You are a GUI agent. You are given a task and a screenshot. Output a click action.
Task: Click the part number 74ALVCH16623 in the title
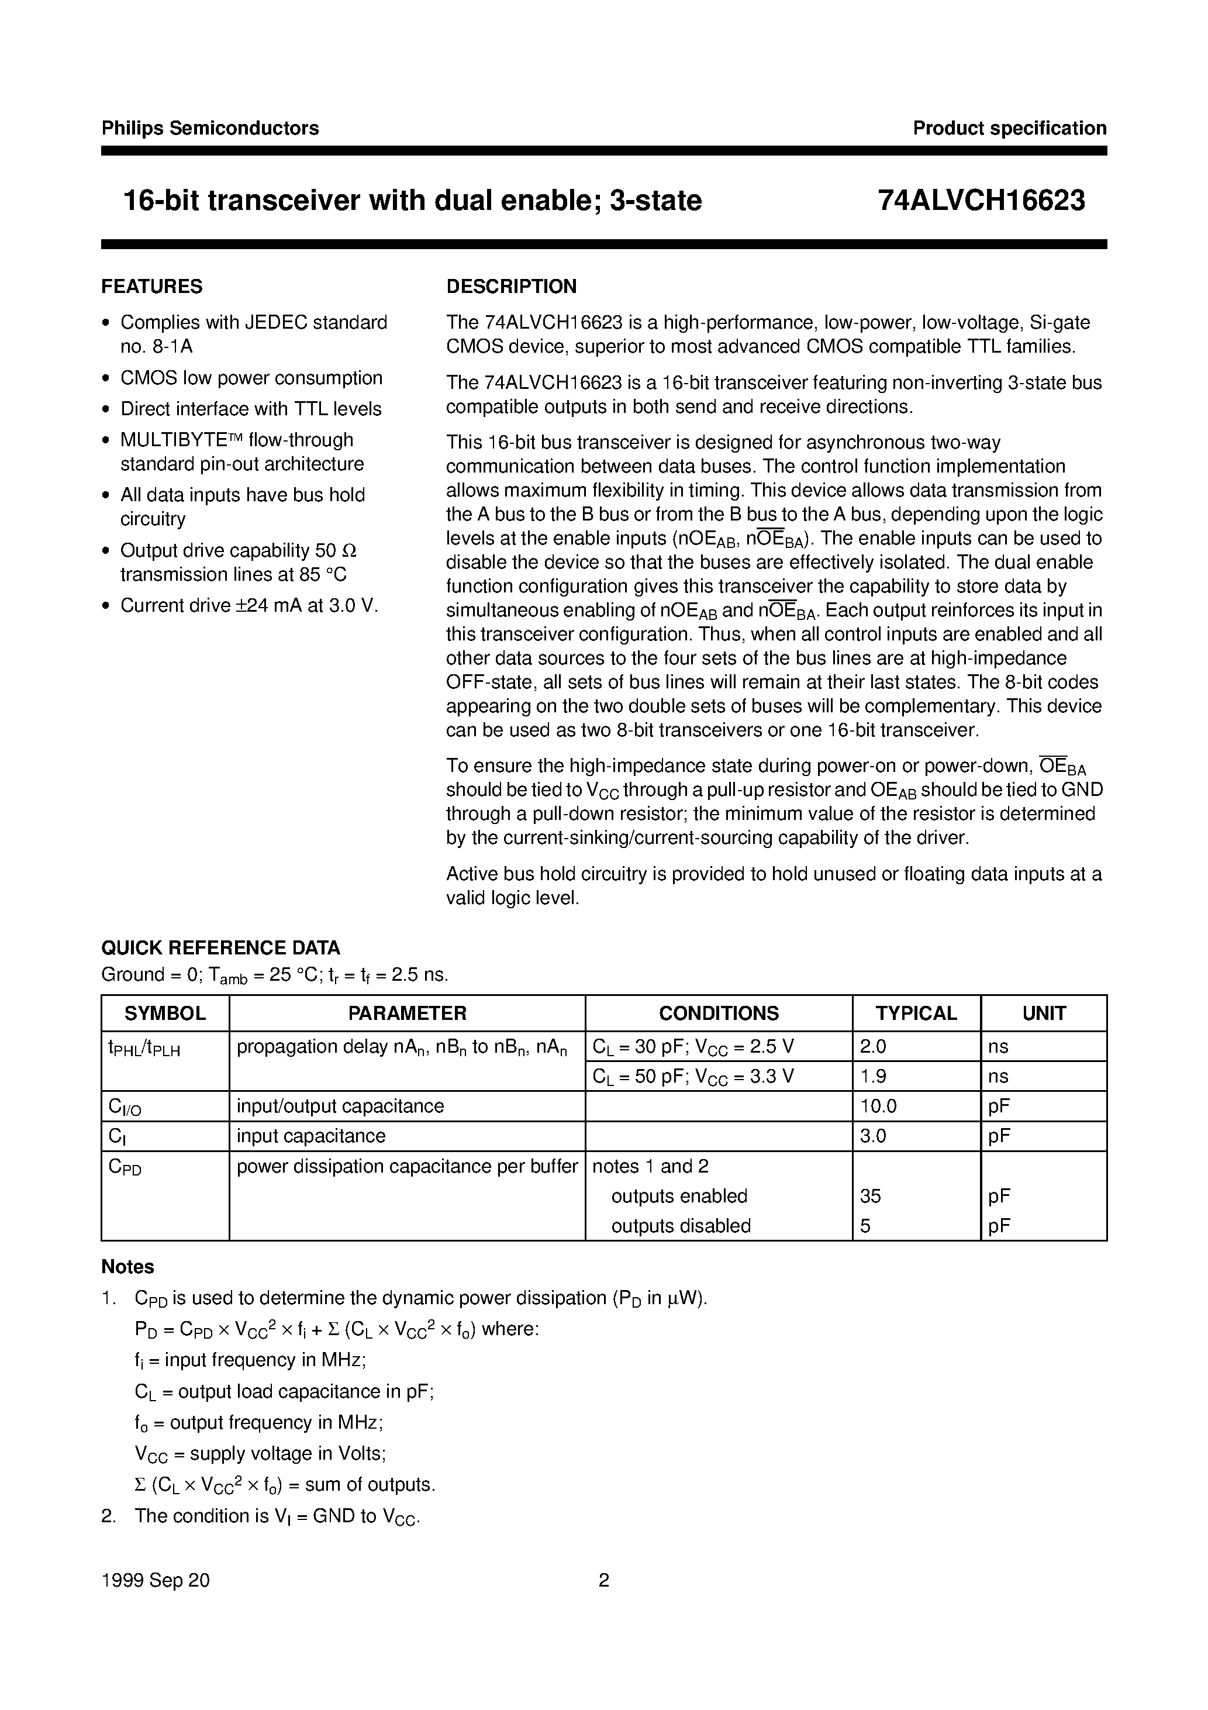(x=981, y=201)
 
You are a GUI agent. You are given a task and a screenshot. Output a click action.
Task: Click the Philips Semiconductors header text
(x=210, y=128)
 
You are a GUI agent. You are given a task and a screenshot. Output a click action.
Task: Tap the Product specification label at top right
(x=1009, y=128)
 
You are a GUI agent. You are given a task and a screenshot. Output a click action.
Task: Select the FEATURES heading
(x=152, y=287)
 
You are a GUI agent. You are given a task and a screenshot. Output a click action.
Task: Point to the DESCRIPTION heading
(x=511, y=287)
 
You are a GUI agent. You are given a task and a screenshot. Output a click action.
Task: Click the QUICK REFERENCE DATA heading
(x=220, y=948)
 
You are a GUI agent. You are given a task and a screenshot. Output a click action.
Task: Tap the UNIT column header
(x=1044, y=1013)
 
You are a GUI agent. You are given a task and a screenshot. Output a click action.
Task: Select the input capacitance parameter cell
(x=310, y=1136)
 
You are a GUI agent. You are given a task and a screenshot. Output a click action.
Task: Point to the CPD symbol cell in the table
(x=125, y=1168)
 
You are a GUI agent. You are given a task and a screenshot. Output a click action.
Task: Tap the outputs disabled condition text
(x=680, y=1226)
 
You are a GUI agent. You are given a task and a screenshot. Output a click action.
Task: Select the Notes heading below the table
(x=127, y=1267)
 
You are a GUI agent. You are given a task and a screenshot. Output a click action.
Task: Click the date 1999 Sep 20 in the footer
(x=155, y=1580)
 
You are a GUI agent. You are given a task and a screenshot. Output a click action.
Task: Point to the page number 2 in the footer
(x=604, y=1580)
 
